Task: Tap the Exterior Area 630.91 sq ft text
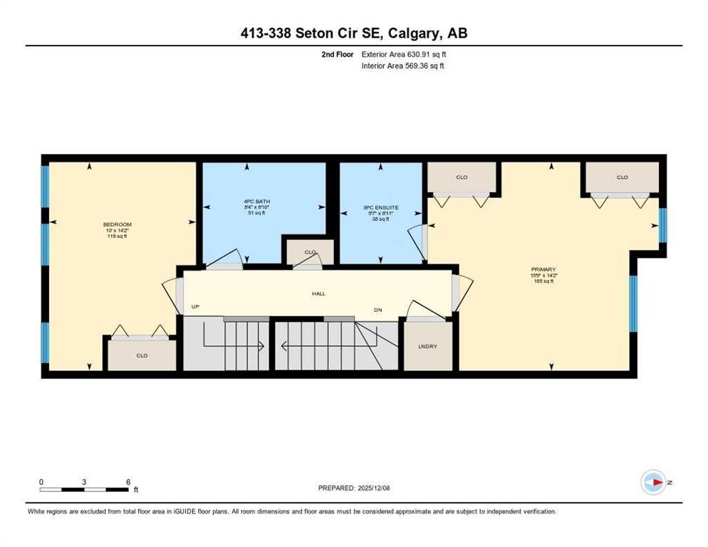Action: coord(404,54)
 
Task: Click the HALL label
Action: coord(318,293)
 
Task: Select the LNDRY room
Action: coord(427,346)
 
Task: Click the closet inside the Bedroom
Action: coord(142,355)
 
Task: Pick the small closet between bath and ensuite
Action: coord(309,252)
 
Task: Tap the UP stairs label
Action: coord(195,307)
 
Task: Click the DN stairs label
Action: coord(379,310)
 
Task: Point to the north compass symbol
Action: coord(653,482)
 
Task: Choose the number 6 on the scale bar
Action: coord(128,482)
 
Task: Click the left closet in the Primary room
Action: coord(462,177)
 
